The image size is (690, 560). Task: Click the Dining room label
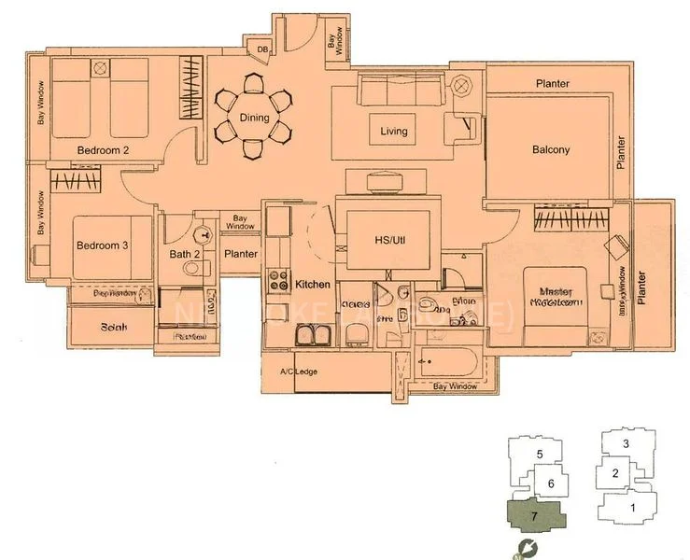(254, 119)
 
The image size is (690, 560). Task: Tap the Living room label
(394, 132)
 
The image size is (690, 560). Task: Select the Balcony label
(551, 149)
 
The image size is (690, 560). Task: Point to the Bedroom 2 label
(103, 149)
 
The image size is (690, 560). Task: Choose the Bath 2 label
(186, 254)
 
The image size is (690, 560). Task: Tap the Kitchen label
(314, 283)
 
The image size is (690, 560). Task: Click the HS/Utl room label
(388, 240)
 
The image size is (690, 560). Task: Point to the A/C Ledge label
(294, 372)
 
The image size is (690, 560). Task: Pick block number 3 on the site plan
(627, 443)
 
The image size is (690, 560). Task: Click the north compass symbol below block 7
(528, 549)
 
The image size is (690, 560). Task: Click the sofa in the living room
(400, 91)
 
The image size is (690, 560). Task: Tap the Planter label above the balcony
(553, 84)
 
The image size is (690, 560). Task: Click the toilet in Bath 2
(192, 268)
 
